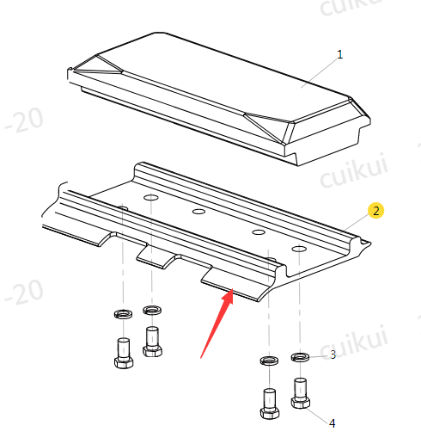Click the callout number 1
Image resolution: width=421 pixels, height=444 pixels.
[339, 54]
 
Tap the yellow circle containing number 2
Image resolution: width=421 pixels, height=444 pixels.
[375, 211]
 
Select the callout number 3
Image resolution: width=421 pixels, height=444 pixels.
[333, 355]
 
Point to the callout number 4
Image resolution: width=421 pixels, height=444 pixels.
[332, 423]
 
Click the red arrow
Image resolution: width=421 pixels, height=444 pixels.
[217, 324]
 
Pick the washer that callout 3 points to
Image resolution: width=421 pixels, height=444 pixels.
[300, 357]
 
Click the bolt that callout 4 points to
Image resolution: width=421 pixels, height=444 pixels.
[300, 393]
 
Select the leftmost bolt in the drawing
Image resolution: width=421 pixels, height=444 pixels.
[124, 353]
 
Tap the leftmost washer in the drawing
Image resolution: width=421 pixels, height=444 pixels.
[123, 314]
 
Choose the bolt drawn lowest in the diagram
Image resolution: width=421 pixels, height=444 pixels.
[270, 404]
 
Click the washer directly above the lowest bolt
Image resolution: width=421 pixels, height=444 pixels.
[269, 361]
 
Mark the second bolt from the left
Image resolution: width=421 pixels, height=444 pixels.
[152, 342]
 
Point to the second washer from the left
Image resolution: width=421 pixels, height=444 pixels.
[152, 310]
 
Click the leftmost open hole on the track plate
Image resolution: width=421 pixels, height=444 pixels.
[151, 198]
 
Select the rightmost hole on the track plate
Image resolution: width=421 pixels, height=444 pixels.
[299, 249]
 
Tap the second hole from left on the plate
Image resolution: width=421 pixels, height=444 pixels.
[198, 212]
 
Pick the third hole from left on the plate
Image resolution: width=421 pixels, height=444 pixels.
[259, 232]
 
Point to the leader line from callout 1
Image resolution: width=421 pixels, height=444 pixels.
[319, 73]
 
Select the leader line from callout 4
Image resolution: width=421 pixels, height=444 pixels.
[317, 415]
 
